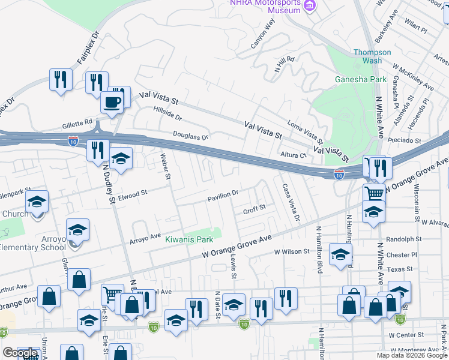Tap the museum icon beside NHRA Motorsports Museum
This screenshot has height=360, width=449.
coord(310,6)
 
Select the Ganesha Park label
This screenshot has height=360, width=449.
coord(361,79)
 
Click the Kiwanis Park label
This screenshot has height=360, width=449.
coord(189,240)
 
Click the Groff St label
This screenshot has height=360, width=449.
coord(254,210)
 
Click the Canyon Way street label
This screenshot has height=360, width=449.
coord(262,33)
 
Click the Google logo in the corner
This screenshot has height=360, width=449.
coord(19,353)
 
